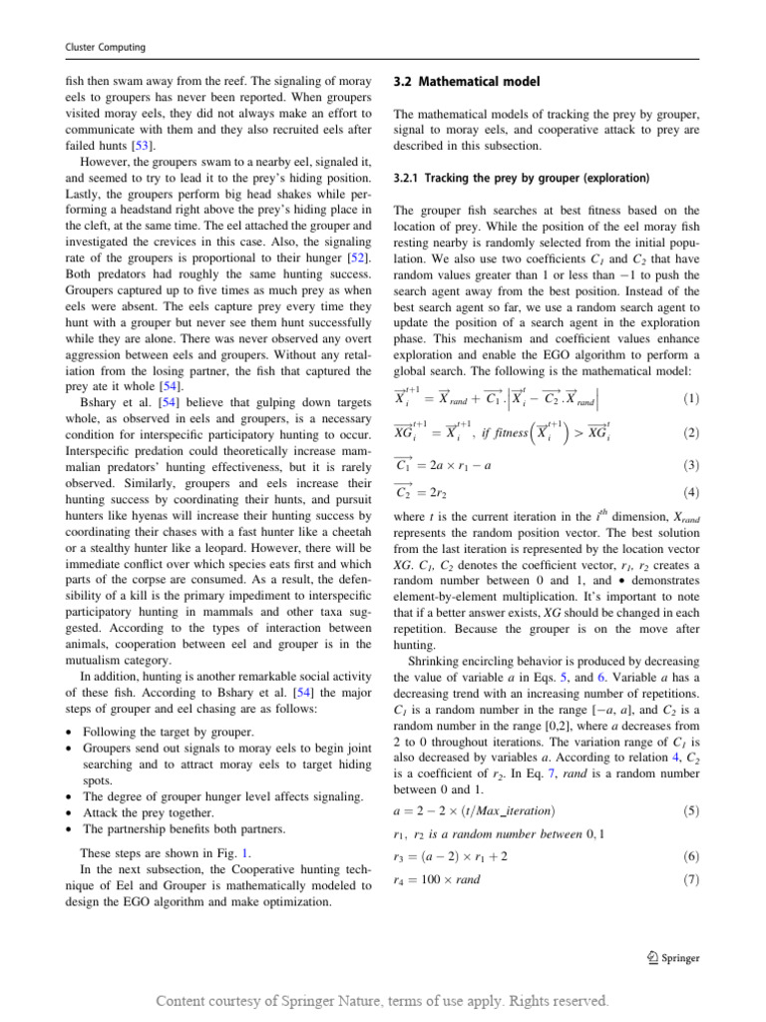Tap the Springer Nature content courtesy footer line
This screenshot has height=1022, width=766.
tap(382, 999)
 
